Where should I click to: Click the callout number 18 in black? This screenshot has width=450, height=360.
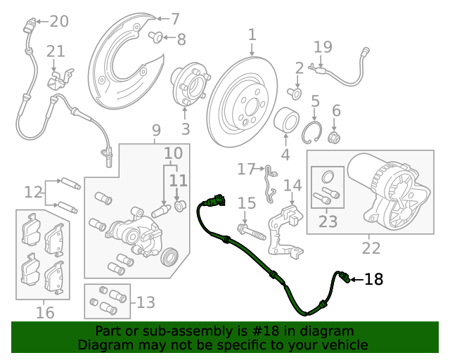click(373, 279)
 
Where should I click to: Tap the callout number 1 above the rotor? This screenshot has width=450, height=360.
click(252, 34)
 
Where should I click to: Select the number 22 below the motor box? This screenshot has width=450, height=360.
click(371, 247)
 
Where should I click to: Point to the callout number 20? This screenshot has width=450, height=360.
click(59, 21)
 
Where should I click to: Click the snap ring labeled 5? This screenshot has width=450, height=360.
click(314, 132)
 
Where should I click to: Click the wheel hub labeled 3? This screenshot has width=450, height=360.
click(187, 87)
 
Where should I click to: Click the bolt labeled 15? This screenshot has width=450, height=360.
click(251, 229)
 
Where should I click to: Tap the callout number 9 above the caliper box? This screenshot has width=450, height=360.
click(155, 130)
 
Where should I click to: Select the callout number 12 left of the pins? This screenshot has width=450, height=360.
click(32, 191)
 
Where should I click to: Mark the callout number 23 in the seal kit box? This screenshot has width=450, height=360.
click(328, 221)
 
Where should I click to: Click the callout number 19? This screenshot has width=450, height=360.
click(323, 47)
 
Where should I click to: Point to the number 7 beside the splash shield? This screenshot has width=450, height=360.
click(175, 19)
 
